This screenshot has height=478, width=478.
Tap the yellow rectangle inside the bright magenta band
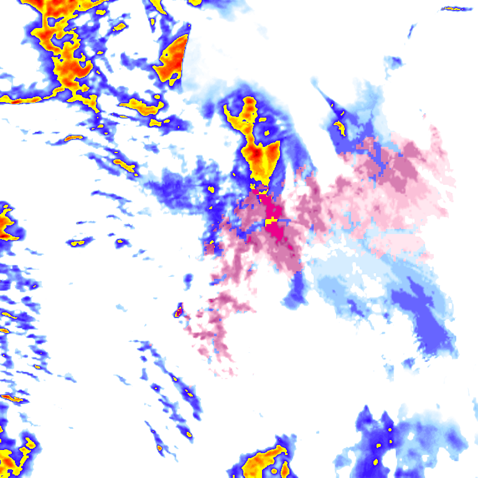pos(271,221)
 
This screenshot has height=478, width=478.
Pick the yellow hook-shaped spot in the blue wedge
pos(340,128)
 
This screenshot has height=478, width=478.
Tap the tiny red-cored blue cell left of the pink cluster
pos(178,310)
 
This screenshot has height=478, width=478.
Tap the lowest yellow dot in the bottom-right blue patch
pos(376,462)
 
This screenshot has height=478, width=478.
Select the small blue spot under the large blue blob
pos(408,362)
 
